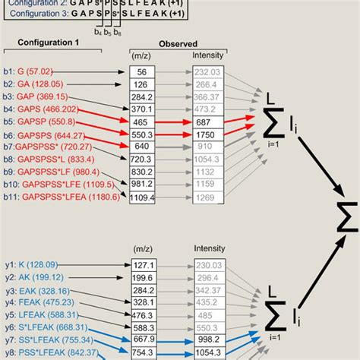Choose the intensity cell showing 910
[202, 146]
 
